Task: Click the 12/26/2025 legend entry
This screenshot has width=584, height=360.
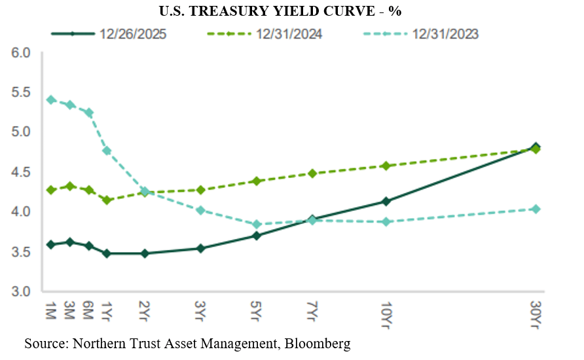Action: point(108,34)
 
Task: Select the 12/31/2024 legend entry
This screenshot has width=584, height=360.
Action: point(268,34)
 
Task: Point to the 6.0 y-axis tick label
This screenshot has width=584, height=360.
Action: point(22,52)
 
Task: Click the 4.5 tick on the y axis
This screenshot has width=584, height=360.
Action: point(22,172)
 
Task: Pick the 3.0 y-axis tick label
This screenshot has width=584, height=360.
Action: point(22,291)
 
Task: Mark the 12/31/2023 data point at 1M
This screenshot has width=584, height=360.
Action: point(50,100)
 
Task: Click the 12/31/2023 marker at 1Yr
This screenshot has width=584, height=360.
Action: point(107,151)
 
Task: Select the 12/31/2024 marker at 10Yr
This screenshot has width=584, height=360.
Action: point(386,166)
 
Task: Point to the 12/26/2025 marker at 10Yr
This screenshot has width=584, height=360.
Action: point(386,202)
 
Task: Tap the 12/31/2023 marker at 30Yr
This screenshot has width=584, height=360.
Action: point(536,209)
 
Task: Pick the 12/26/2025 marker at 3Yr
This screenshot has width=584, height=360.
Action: point(200,249)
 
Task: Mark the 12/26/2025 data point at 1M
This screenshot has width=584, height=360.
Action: point(50,245)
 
